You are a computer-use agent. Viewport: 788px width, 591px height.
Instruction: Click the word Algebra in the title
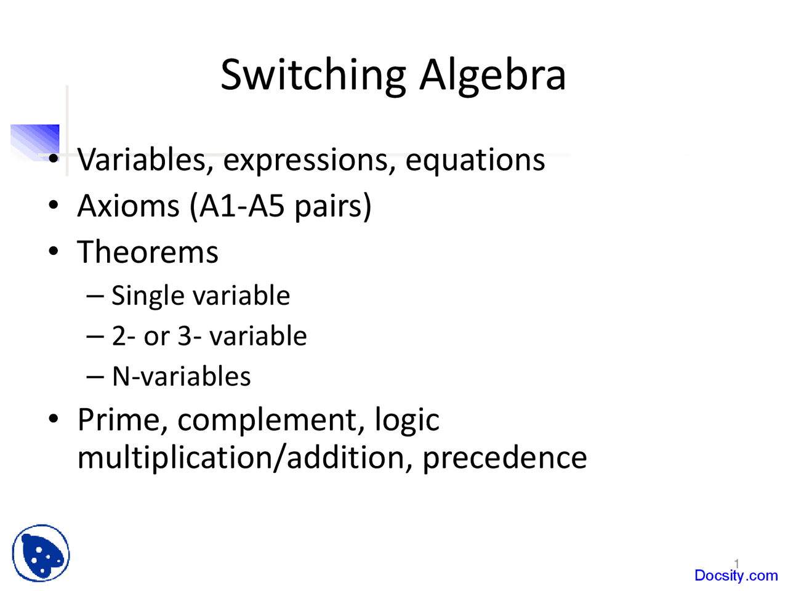[x=492, y=75]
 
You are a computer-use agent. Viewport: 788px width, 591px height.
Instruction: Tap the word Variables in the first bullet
[x=142, y=160]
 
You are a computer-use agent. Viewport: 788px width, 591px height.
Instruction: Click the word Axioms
[x=128, y=206]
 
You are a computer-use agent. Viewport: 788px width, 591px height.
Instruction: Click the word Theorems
[x=148, y=252]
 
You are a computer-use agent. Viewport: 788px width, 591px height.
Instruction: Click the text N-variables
[x=182, y=376]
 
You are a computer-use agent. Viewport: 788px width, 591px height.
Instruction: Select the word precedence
[x=505, y=457]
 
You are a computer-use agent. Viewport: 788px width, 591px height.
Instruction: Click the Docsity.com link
[x=736, y=576]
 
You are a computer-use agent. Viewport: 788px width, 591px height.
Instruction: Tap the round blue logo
[x=41, y=553]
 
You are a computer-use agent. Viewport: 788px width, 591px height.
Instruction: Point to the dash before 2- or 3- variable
[x=95, y=336]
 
